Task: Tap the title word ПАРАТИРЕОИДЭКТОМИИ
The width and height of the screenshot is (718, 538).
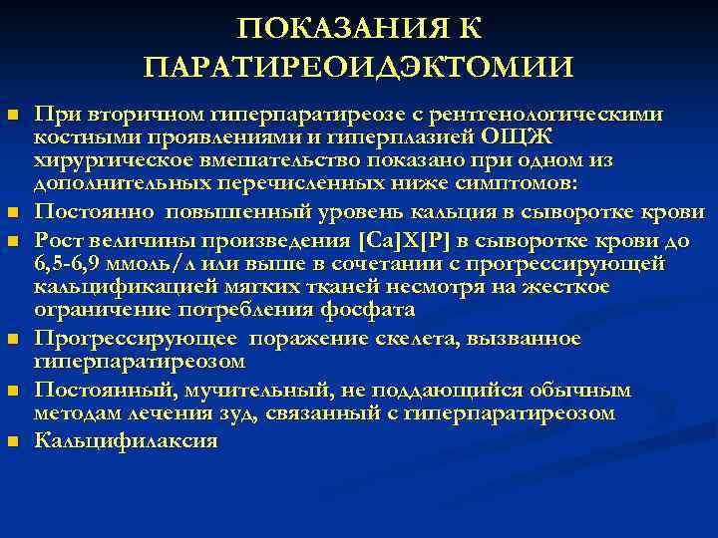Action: [x=358, y=68]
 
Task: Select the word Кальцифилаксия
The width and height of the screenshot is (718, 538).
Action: [x=126, y=439]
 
